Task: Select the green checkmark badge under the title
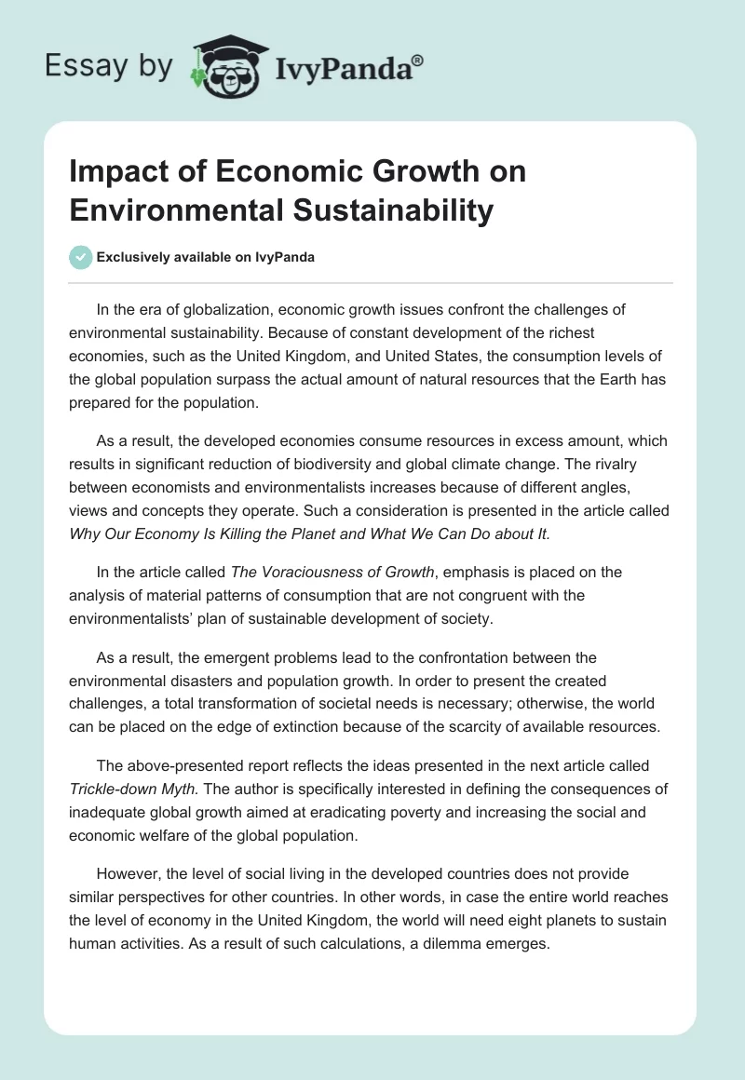[82, 257]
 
